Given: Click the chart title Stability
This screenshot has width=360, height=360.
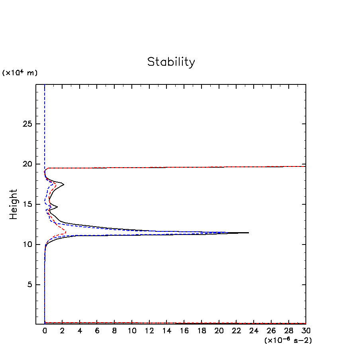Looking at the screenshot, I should tap(171, 62).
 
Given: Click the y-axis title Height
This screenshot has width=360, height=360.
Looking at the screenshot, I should tap(14, 204).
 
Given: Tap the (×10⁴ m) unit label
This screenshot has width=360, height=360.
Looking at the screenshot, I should tap(20, 73).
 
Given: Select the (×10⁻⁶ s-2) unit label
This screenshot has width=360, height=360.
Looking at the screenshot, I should tap(288, 340).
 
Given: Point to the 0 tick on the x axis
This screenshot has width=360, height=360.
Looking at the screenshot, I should tap(45, 331).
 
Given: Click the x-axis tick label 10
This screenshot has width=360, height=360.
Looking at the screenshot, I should tap(132, 331).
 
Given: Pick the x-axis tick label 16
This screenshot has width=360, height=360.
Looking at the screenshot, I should tap(184, 331).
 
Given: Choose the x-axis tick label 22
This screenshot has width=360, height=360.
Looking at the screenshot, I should tap(236, 331).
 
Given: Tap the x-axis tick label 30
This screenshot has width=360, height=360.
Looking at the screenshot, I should tap(306, 331).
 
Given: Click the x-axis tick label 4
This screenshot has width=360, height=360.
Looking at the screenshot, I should tap(80, 331).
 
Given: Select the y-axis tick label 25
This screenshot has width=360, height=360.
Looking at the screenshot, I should tap(27, 124).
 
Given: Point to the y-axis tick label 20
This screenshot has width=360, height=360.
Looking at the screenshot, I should tap(27, 164).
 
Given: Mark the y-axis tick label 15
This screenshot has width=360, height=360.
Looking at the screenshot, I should tap(27, 204).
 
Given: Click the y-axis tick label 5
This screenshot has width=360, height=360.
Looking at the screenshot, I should tap(29, 285).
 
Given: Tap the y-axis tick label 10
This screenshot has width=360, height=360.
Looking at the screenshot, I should tap(27, 245).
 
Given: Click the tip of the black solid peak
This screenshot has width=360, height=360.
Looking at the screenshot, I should tap(248, 233).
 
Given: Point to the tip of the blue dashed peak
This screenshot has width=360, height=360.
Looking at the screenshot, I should tap(228, 232).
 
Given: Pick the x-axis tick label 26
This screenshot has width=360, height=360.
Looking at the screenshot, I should tap(271, 331).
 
